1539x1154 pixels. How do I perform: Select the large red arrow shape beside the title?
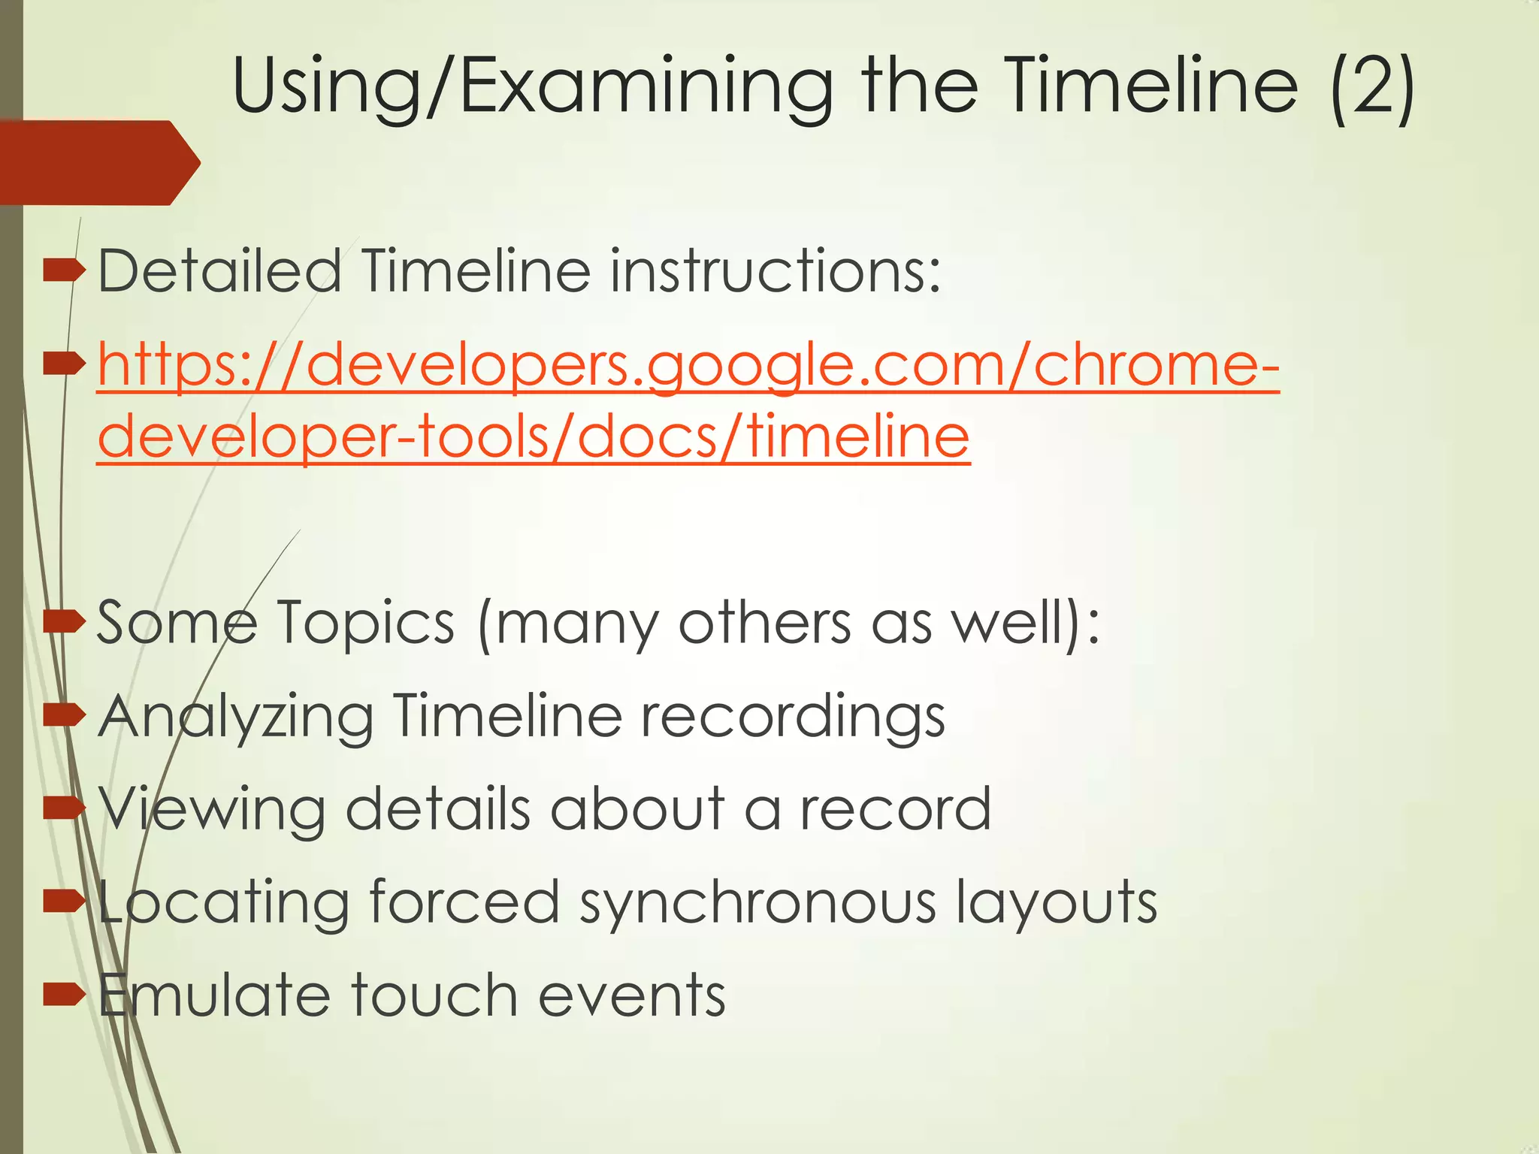coord(98,162)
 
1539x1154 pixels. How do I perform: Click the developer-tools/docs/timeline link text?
coord(534,437)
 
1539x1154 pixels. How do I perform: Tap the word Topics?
coord(365,623)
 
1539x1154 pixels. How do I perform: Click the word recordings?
coord(792,717)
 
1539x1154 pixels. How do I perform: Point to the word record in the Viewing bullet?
coord(895,810)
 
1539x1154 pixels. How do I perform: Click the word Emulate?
coord(215,995)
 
